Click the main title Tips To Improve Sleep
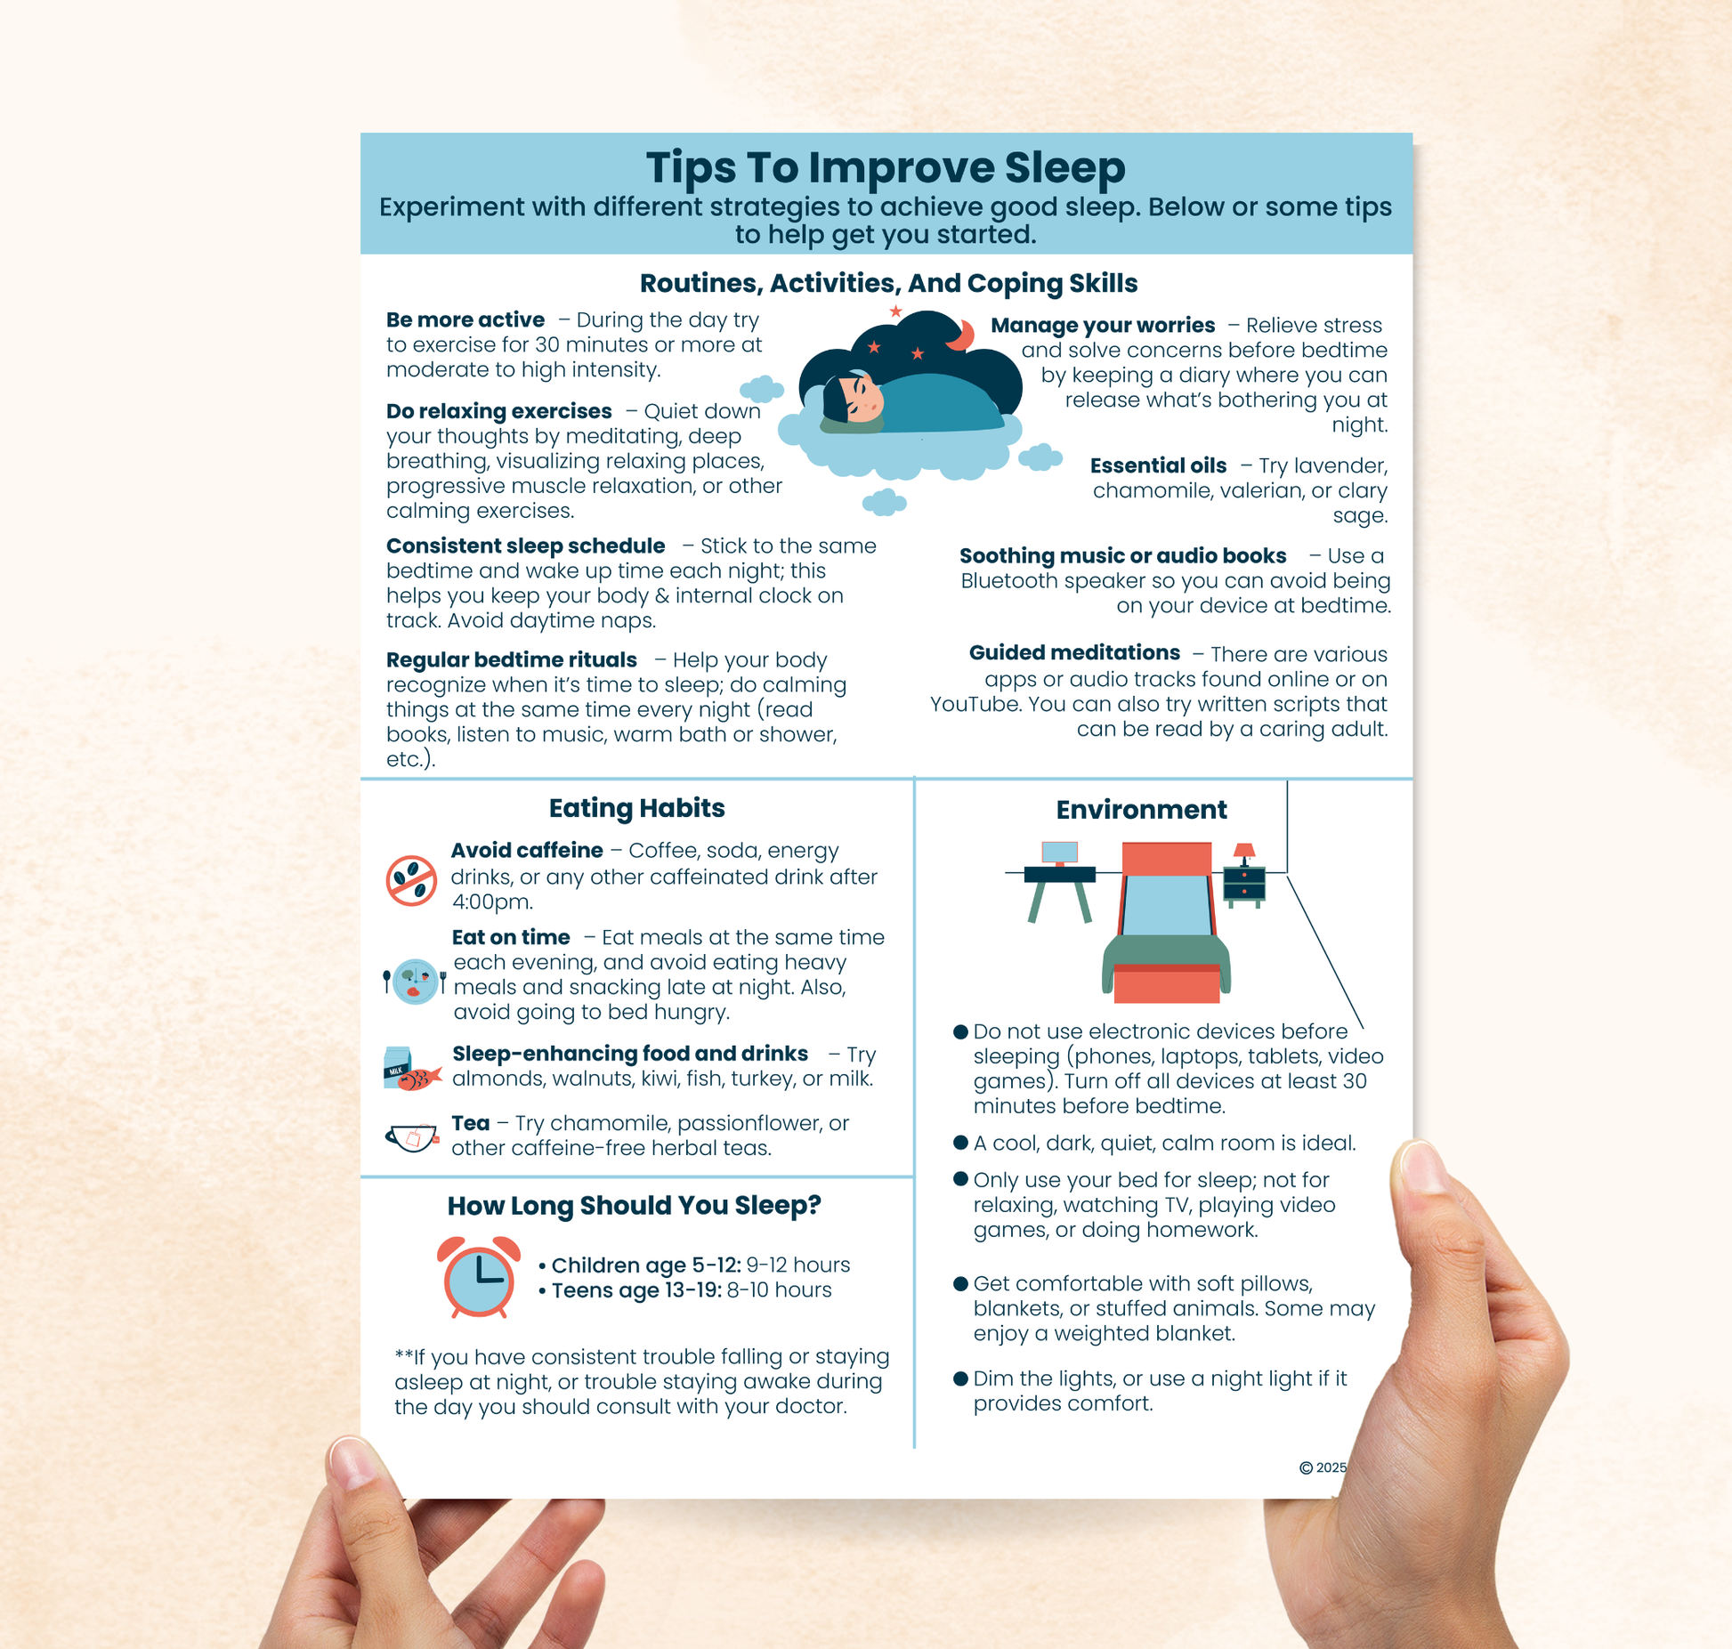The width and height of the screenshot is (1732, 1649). point(885,167)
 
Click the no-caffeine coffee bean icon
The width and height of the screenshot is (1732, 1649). point(411,881)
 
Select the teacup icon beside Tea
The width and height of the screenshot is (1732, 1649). point(412,1137)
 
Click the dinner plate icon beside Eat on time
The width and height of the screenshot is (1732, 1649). point(415,981)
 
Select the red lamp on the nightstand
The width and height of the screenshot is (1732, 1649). point(1244,852)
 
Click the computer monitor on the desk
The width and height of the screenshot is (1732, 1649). point(1059,853)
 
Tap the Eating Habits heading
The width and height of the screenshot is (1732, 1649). point(636,808)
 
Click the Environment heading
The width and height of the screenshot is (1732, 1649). point(1141,810)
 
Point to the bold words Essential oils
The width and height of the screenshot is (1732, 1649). point(1157,465)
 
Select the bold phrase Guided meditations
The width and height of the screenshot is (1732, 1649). point(1074,652)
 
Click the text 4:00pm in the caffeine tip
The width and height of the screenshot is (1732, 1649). point(491,901)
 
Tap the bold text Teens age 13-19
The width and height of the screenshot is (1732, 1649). point(635,1290)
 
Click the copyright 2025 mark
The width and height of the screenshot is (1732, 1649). point(1323,1467)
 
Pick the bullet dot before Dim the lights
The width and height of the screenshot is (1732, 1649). point(960,1378)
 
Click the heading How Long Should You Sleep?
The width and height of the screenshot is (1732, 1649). point(634,1206)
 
